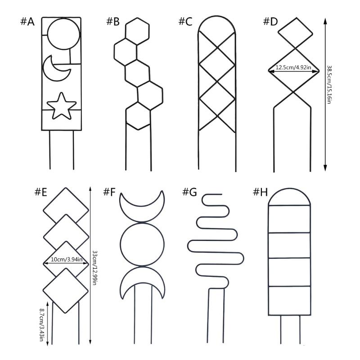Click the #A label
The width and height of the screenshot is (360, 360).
27,22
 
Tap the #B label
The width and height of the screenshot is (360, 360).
113,22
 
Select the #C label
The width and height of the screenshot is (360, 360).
185,22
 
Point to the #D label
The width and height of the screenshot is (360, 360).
270,21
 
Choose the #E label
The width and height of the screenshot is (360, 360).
41,192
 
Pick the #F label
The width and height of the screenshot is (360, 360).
109,192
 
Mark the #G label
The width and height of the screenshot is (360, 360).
189,192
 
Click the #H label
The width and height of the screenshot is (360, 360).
261,192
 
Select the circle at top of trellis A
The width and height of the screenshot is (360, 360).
48,34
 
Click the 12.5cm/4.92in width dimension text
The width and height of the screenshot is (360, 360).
293,67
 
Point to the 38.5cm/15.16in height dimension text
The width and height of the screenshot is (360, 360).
329,85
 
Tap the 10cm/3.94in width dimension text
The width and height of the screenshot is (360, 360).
66,260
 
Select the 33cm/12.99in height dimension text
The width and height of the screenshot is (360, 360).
94,268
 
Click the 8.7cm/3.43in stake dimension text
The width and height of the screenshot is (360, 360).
41,324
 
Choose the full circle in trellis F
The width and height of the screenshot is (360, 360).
120,244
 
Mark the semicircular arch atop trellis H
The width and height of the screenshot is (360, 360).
289,189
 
